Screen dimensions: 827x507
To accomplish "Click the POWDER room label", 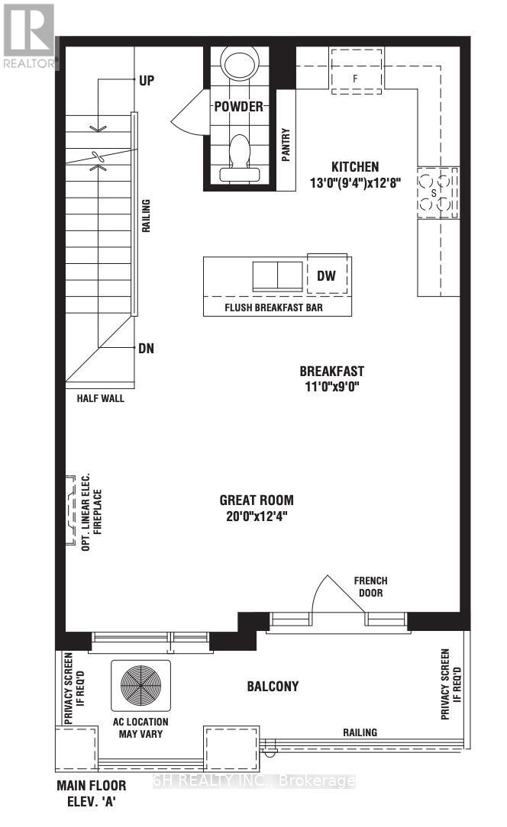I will click(239, 107).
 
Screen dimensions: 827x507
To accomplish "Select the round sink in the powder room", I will click(240, 63).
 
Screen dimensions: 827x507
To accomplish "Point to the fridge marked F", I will click(355, 77).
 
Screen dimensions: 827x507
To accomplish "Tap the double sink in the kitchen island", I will click(277, 275).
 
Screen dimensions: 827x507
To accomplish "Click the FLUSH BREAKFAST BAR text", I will click(277, 307).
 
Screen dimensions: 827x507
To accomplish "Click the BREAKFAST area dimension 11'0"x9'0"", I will click(331, 386).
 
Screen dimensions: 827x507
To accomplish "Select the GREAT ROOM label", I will click(256, 500).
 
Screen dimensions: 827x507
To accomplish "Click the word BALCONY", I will click(273, 686).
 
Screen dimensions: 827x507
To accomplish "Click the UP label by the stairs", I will click(147, 79).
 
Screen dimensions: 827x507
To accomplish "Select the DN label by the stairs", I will click(146, 349).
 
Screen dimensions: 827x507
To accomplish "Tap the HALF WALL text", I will click(100, 398).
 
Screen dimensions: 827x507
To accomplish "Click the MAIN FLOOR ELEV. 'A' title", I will click(90, 793).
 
